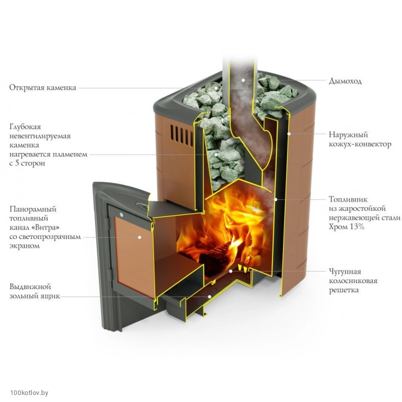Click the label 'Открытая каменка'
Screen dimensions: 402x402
point(43,88)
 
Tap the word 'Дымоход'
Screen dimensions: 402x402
point(345,81)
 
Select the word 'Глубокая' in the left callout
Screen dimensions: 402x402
point(25,127)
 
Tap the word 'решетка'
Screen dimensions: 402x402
point(344,290)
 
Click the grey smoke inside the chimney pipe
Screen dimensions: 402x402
point(241,100)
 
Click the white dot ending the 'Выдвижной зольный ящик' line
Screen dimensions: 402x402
point(209,296)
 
